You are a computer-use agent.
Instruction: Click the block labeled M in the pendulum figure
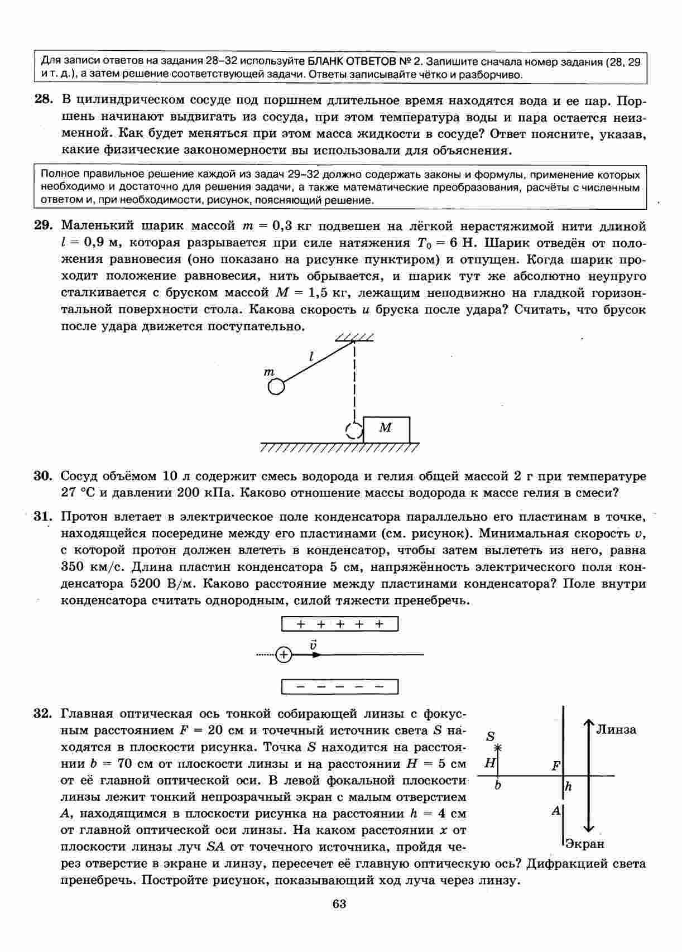[x=386, y=429]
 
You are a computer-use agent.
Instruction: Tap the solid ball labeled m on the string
[x=276, y=387]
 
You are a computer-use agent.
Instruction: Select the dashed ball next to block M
[x=354, y=430]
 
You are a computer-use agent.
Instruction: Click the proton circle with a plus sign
[x=284, y=655]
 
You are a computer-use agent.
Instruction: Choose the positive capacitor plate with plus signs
[x=340, y=624]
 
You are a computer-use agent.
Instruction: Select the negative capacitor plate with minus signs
[x=340, y=686]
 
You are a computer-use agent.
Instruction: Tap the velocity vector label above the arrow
[x=314, y=645]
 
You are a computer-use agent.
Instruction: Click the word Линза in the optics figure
[x=616, y=729]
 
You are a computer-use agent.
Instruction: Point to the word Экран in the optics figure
[x=585, y=844]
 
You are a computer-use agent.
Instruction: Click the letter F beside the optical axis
[x=556, y=766]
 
